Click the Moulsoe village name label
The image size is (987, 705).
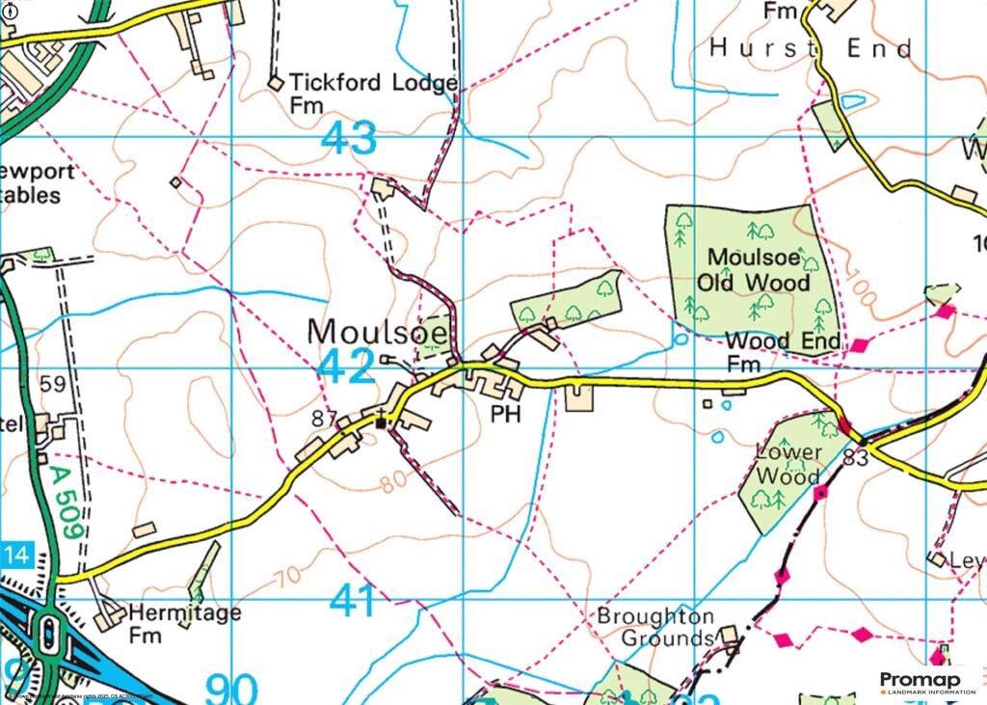coord(378,332)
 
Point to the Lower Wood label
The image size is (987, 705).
coord(788,464)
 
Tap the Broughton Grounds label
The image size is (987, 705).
coord(655,627)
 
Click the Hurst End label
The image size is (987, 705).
coord(811,48)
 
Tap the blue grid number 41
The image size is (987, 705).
coord(355,601)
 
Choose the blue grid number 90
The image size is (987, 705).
coord(231,689)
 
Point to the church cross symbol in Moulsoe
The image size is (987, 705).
coord(384,421)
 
